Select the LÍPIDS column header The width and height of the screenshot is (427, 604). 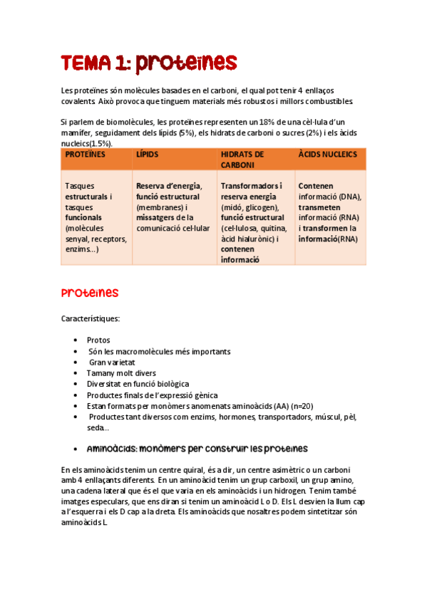click(x=148, y=155)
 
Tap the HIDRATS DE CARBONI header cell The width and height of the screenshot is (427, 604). click(x=242, y=159)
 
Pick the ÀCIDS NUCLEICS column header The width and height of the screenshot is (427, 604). click(x=328, y=155)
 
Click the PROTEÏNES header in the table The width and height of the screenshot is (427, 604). click(x=85, y=155)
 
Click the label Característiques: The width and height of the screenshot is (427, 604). click(x=90, y=318)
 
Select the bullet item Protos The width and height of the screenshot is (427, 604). click(x=98, y=340)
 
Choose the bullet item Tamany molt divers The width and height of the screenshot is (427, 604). click(x=120, y=373)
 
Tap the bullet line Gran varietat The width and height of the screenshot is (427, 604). click(x=112, y=363)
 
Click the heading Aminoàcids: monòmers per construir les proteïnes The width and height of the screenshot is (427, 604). click(x=197, y=449)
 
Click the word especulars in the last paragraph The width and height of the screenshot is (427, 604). click(x=113, y=501)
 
